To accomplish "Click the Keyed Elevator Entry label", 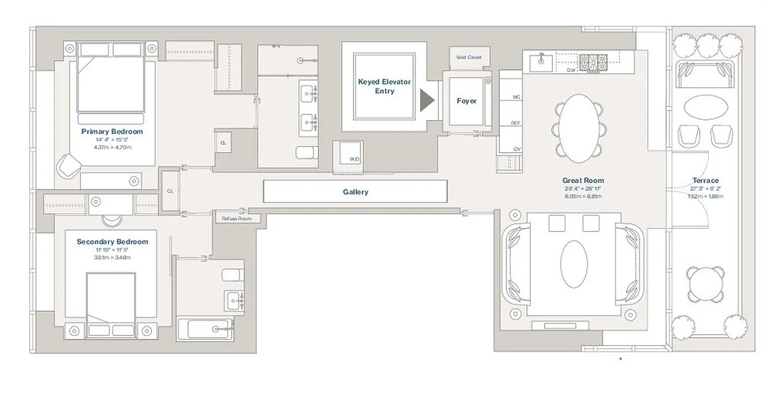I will pos(384,87).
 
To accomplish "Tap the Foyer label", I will pos(466,101).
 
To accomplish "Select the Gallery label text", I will pos(355,192).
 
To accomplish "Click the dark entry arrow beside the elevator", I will pos(426,101).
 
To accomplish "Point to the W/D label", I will pos(354,158).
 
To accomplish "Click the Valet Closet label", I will pos(469,57).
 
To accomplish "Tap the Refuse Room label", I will pos(236,218).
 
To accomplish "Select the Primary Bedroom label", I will pos(112,132).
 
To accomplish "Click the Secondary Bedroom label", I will pos(112,242).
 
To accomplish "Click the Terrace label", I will pos(706,180).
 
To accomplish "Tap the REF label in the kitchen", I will pos(515,123).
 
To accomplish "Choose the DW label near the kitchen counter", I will pos(571,69).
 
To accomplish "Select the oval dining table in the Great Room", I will pos(579,128).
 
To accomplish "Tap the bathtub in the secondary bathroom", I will pos(204,329).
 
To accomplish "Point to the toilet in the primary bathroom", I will pos(306,152).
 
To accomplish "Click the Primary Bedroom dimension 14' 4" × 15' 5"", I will pos(112,140).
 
